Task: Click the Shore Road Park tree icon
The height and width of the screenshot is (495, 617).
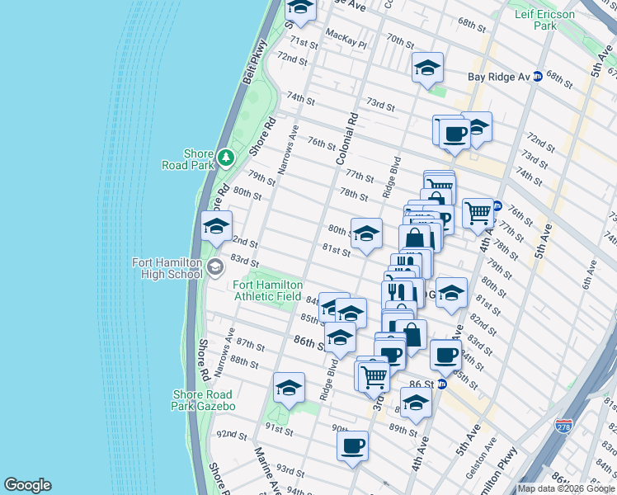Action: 224,155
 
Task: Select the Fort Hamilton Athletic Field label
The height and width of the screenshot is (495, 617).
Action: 269,290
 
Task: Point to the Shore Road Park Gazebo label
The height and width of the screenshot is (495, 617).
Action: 203,400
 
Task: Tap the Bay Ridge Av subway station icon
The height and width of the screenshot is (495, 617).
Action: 537,77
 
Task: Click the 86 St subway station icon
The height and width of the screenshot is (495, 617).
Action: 441,384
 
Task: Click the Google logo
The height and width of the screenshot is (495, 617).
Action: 27,485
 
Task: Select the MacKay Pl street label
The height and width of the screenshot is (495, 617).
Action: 345,35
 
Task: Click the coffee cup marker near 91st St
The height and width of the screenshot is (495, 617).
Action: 352,445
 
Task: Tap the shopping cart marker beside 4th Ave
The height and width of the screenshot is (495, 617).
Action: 478,213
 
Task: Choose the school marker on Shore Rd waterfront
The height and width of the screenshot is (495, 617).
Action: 216,227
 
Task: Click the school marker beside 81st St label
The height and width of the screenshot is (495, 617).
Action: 366,233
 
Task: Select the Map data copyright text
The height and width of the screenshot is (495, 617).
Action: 566,488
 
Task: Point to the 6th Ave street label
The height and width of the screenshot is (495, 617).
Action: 591,280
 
